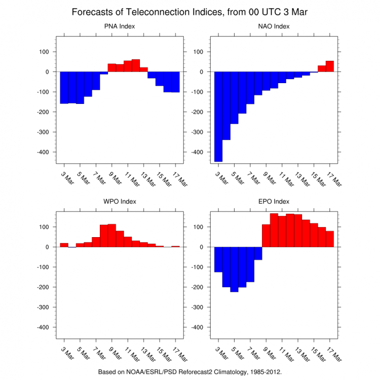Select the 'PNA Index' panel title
120,26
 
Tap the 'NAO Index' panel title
274,26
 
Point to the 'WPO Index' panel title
120,202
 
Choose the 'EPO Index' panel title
274,202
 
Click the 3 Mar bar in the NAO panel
218,117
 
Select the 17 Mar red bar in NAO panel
330,66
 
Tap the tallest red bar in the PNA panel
136,66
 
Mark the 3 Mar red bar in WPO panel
64,245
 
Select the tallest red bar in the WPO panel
112,236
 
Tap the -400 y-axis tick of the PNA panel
45,152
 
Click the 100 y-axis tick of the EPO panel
200,227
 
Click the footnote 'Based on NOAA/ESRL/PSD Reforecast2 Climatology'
189,371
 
